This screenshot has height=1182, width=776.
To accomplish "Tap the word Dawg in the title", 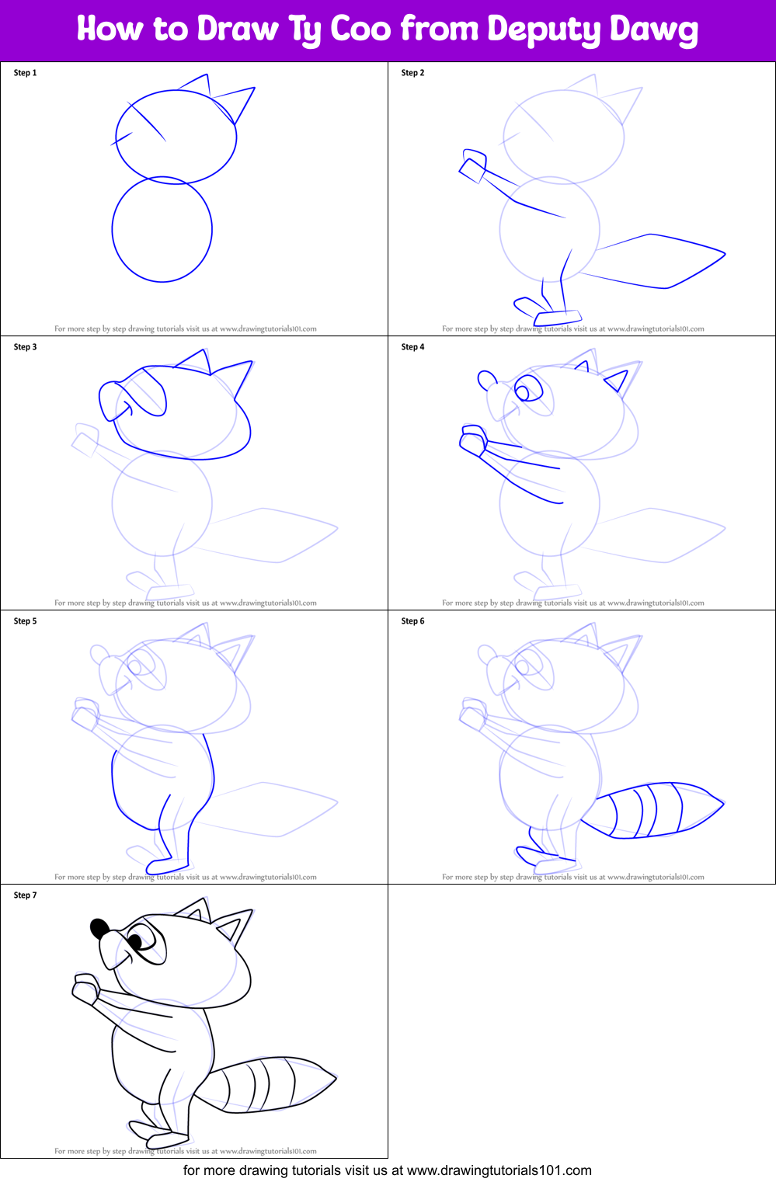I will tap(654, 30).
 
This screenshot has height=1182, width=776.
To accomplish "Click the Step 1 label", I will tap(25, 73).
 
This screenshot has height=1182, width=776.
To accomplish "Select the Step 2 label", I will tap(412, 73).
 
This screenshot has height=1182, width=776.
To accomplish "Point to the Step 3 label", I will tap(25, 347).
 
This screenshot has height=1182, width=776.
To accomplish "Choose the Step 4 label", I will tap(412, 347).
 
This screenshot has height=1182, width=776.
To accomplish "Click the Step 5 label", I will tap(25, 621).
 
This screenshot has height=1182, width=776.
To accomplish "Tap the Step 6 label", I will tap(412, 621).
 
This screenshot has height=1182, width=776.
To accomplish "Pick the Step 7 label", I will tap(25, 895).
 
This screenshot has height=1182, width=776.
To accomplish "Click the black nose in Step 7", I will tap(99, 928).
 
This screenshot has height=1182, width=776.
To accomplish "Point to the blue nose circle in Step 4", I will tap(487, 381).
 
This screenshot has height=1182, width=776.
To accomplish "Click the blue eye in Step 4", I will tap(526, 389).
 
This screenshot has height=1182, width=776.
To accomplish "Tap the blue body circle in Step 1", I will tap(162, 230).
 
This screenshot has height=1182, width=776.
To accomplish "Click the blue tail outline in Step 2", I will tap(660, 260).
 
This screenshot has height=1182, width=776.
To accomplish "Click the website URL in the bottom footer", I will tap(499, 1170).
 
